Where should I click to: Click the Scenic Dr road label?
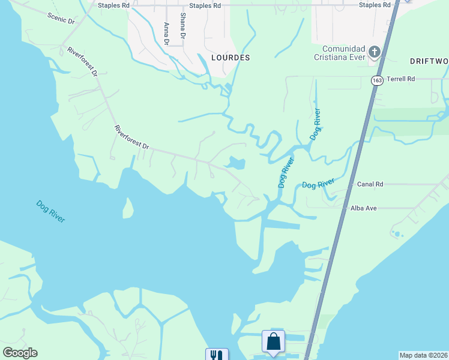pos(61,17)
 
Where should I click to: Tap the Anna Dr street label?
pos(166,34)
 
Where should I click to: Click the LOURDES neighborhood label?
pos(231,58)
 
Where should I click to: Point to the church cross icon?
pos(375,52)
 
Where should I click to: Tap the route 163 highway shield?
pos(377,80)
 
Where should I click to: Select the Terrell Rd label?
pos(401,79)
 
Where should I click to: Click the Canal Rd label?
pos(370,184)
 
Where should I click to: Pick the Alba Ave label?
pos(364,208)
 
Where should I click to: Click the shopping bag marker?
pos(273,342)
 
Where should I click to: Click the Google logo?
pos(20,353)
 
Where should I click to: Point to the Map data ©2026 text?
pos(423,355)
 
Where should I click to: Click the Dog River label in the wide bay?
pos(50,211)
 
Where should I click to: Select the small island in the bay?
pos(127,208)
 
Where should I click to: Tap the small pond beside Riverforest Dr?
pos(235,163)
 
